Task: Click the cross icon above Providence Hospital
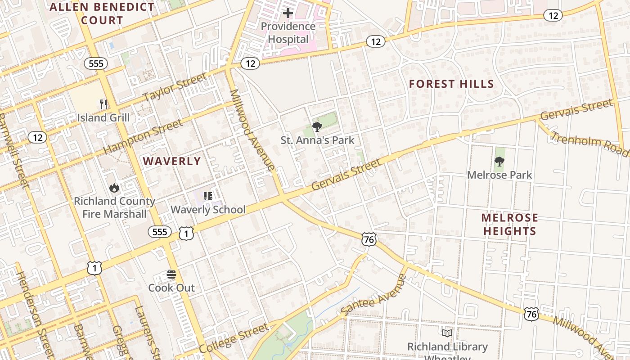point(288,13)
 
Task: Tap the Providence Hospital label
point(288,33)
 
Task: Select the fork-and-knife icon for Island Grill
point(103,104)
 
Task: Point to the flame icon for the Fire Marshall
point(114,188)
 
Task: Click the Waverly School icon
point(207,196)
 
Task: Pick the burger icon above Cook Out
point(171,274)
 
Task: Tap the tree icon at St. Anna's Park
point(317,126)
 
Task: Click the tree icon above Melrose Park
point(499,161)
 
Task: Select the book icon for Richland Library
point(447,333)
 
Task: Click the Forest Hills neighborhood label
point(451,84)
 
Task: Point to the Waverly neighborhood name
point(171,161)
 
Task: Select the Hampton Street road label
point(143,136)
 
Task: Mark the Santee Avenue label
point(373,295)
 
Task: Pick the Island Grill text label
point(103,118)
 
